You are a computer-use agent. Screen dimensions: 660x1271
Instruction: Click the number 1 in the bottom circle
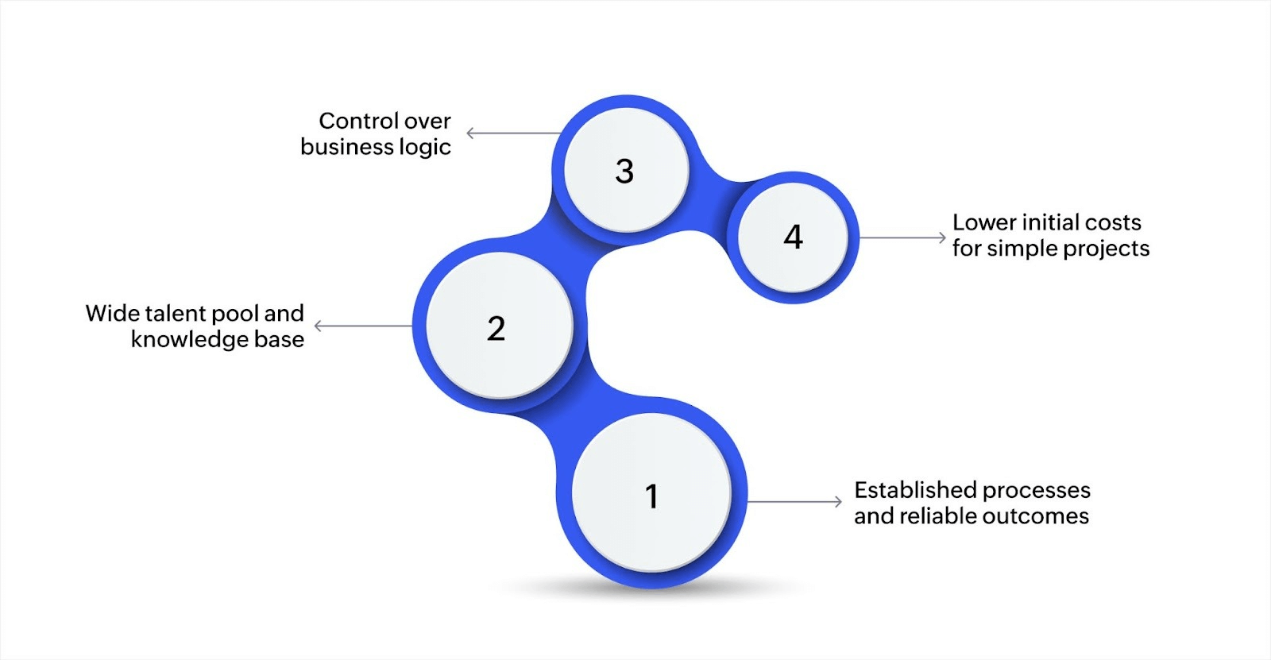[651, 496]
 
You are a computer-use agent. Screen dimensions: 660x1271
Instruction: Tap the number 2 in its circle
[496, 328]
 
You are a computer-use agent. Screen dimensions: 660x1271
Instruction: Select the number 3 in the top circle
[624, 171]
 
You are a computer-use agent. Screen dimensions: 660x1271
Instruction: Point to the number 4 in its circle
[793, 237]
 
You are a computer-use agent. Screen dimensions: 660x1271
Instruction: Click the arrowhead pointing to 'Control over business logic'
[470, 133]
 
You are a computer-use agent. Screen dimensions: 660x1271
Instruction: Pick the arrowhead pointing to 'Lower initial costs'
[942, 237]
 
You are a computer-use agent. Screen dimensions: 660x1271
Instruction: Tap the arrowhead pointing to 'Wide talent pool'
[319, 326]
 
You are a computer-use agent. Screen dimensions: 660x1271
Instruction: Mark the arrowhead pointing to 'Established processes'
[838, 501]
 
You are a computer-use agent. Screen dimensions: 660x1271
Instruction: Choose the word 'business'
[347, 147]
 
